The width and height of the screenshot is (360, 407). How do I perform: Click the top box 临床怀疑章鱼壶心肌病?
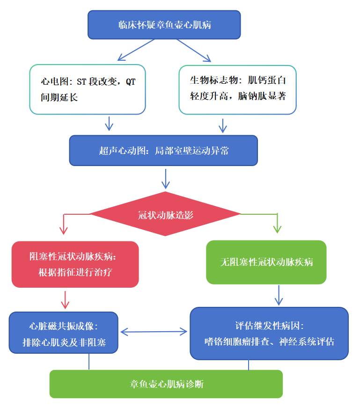[164, 25]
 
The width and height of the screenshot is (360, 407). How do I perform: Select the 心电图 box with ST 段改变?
[88, 89]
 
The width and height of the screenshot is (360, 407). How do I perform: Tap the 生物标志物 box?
[237, 89]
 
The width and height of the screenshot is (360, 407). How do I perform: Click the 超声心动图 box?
[163, 151]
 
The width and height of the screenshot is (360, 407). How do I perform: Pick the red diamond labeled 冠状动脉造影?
[165, 215]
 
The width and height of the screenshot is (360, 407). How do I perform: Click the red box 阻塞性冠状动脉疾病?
[75, 264]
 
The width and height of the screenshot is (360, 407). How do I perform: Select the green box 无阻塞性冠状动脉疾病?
[266, 262]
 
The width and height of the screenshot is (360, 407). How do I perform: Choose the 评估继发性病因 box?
[269, 333]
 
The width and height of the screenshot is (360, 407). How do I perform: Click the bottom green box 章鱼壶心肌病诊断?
[166, 384]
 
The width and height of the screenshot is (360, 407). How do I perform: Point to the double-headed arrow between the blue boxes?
[154, 332]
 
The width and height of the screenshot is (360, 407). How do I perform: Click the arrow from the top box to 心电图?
[135, 50]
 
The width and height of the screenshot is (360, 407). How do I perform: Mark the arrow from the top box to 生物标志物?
[194, 50]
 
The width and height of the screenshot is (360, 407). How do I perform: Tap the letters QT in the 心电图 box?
[130, 81]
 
